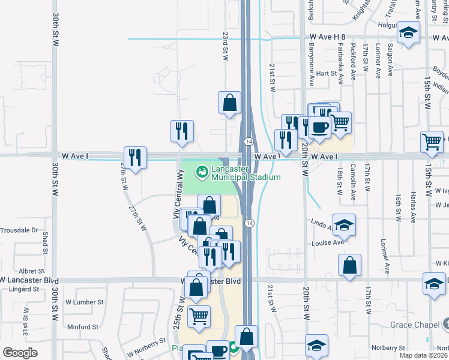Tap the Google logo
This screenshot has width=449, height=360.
tap(20, 352)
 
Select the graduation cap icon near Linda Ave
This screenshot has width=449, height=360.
tap(344, 224)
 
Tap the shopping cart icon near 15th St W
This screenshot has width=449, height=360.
tap(432, 142)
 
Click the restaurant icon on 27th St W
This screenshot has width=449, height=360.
tap(135, 157)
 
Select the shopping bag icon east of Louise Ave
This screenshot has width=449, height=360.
tap(349, 265)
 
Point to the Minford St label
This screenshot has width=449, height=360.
tap(82, 327)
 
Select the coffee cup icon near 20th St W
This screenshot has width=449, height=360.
tap(319, 127)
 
